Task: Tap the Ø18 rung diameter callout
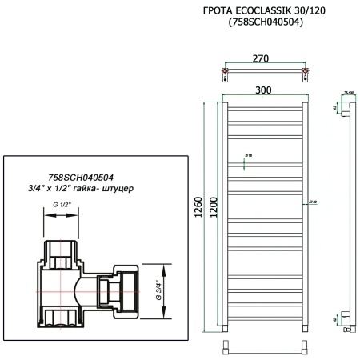(249, 155)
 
